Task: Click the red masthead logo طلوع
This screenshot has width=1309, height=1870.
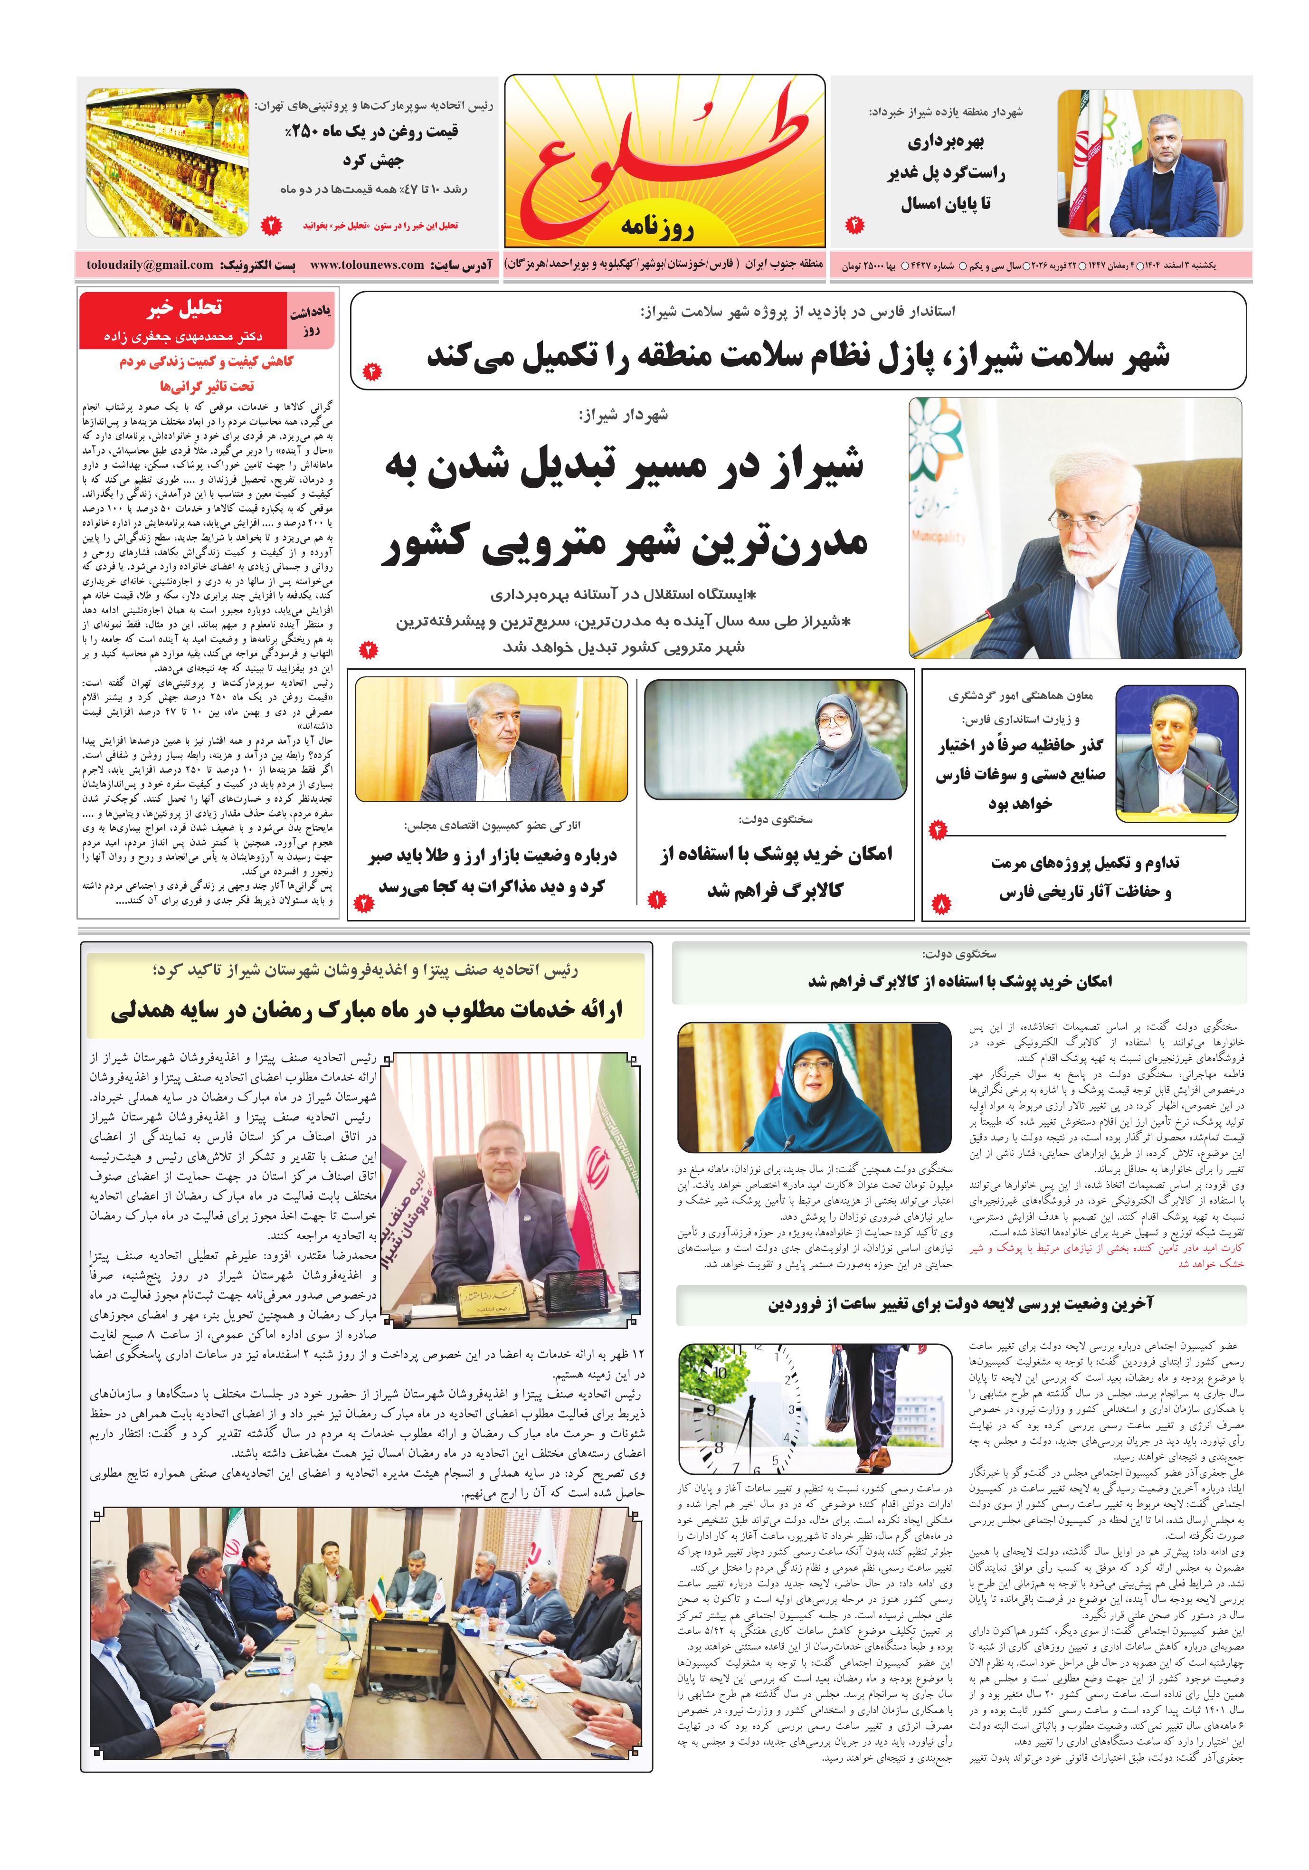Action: coord(664,159)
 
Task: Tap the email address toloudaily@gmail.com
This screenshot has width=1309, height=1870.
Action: coord(150,265)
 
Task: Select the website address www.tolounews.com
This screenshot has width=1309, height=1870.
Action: coord(367,265)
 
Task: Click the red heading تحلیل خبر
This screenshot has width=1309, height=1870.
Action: coord(184,308)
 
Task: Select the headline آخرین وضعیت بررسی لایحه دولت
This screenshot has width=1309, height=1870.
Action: coord(961,1304)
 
